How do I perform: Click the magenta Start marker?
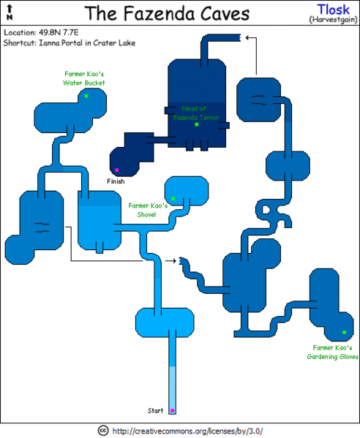pos(172,410)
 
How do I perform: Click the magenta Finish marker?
pos(117,170)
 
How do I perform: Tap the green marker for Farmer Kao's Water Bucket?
pos(86,96)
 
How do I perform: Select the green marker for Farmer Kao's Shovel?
pos(173,198)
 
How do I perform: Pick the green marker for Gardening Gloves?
pos(345,332)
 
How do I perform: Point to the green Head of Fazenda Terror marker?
pos(197,124)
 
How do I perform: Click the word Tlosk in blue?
pos(333,10)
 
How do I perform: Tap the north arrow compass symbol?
pos(10,12)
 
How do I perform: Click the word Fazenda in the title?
pos(159,13)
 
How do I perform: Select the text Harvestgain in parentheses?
pos(333,20)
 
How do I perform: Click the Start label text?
pos(155,410)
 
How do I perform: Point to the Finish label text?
pos(116,181)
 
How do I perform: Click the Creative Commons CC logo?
pos(103,431)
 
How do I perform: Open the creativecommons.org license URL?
pos(187,431)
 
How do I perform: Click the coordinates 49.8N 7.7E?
pos(59,32)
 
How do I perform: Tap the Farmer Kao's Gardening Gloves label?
pos(332,352)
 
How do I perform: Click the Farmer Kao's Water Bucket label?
pos(84,78)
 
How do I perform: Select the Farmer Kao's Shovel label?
pos(148,210)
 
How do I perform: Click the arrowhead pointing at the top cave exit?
pos(247,37)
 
